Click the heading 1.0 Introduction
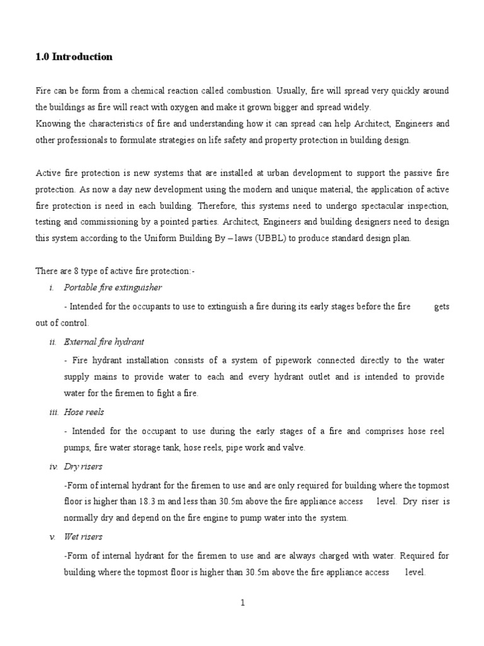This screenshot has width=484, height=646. pos(74,57)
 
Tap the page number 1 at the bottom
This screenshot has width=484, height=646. pos(242,603)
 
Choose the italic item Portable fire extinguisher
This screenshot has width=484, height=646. pos(113,288)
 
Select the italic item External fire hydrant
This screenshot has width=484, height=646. pos(104,342)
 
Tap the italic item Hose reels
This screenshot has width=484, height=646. pos(84,412)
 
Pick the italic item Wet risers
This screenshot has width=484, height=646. pos(83,537)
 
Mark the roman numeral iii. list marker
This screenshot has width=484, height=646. pos(54,412)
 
